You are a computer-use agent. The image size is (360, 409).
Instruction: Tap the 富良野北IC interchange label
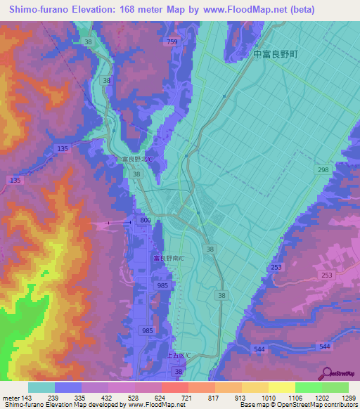tap(138, 160)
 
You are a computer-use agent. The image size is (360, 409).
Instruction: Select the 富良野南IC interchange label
tap(169, 258)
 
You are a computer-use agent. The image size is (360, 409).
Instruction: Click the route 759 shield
tap(172, 43)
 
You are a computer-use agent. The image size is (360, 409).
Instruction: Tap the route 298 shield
tap(323, 171)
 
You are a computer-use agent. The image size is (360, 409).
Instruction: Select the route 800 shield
tap(145, 221)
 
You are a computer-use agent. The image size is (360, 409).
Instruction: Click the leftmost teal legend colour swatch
tap(41, 387)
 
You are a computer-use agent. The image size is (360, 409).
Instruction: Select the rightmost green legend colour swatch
tap(335, 387)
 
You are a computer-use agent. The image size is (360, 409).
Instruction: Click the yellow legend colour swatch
tap(282, 387)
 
